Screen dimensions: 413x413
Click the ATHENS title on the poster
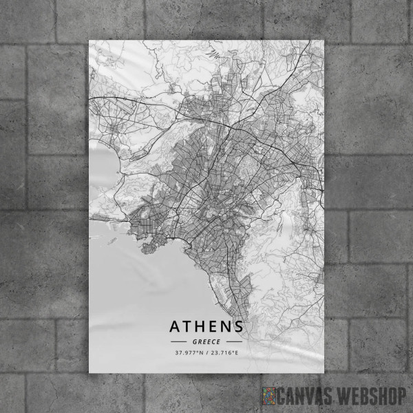point(206,326)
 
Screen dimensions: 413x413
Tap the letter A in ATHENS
point(175,326)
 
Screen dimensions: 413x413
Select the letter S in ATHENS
point(238,326)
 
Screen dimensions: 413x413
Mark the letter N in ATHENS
point(226,326)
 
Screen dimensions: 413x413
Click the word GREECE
point(206,341)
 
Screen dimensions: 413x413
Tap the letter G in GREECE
point(195,341)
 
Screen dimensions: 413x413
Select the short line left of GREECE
point(178,341)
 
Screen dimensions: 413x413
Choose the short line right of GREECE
point(234,341)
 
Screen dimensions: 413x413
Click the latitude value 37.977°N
point(189,353)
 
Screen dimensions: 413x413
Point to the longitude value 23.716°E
point(225,353)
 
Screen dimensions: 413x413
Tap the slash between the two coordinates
point(207,353)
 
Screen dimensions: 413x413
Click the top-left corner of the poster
point(90,40)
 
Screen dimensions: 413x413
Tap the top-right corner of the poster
point(323,40)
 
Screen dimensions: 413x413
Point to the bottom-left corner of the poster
point(90,372)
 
